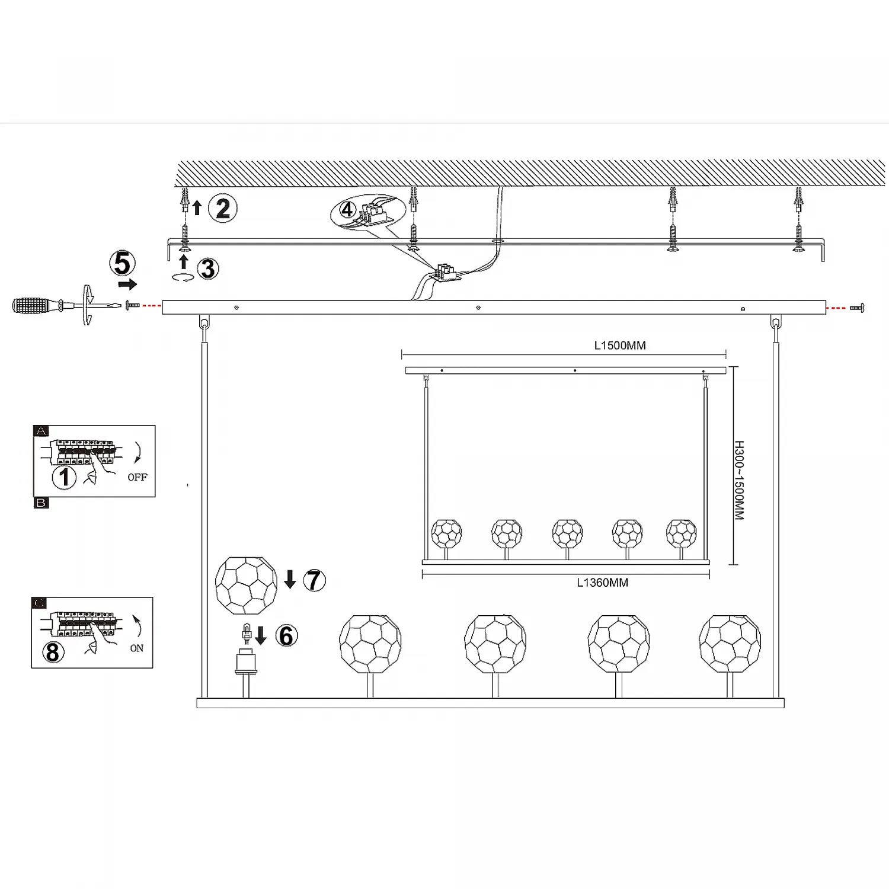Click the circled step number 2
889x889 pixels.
pos(223,209)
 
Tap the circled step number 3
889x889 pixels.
pos(208,268)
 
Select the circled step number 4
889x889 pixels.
pos(347,209)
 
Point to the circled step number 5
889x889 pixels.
pos(123,263)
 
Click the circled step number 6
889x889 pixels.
pos(287,636)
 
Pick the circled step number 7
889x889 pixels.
pos(315,580)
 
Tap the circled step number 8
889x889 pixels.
pos(53,652)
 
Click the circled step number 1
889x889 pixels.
pos(64,478)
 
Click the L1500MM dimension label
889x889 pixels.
pos(620,346)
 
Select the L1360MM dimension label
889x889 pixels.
pos(603,583)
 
